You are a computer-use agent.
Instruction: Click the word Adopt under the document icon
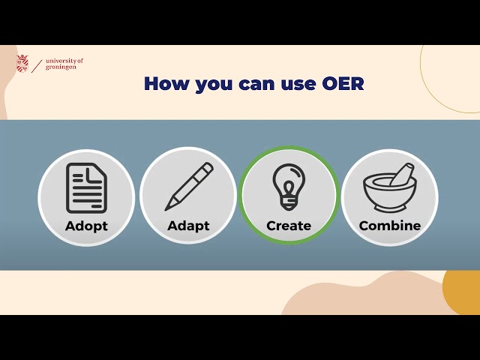(x=86, y=226)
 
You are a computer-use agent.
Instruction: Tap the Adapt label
(x=188, y=226)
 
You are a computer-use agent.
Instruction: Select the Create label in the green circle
(x=289, y=226)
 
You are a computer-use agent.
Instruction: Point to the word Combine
(x=390, y=226)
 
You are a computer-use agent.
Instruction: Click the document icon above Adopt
(x=86, y=188)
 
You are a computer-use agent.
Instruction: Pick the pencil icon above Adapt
(x=188, y=187)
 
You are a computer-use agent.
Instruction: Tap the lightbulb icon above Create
(x=289, y=186)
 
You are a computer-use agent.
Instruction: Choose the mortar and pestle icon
(x=389, y=189)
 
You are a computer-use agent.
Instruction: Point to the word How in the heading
(x=166, y=84)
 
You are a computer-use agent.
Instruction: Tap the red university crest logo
(x=22, y=64)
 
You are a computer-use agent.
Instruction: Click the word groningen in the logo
(x=60, y=67)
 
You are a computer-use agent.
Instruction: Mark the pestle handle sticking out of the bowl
(x=403, y=171)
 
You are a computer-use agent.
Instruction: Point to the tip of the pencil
(x=168, y=208)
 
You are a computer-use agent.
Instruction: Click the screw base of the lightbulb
(x=289, y=204)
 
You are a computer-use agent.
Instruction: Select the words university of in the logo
(x=64, y=60)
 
